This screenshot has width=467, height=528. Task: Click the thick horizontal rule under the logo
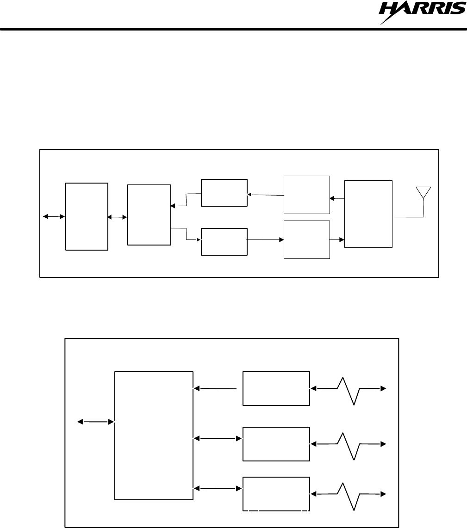(233, 30)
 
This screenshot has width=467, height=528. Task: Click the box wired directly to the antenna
(368, 214)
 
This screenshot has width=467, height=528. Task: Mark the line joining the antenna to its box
(410, 216)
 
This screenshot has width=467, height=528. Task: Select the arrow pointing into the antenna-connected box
(337, 240)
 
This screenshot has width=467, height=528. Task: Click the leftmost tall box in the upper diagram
(87, 216)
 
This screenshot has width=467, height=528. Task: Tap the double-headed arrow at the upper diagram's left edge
(54, 216)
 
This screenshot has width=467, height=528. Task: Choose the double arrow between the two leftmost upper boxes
(118, 217)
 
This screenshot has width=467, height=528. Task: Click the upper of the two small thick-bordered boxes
(224, 192)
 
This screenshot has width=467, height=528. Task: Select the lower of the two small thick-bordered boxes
(224, 241)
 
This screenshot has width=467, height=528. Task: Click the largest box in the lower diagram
(154, 435)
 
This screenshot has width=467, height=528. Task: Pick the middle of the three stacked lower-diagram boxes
(276, 444)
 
